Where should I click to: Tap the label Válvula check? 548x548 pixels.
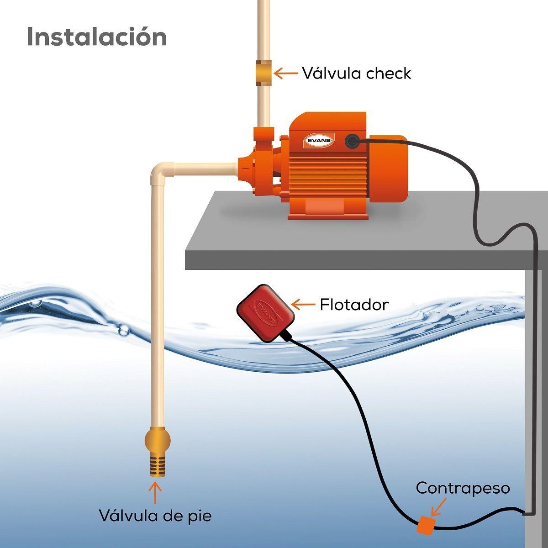356,73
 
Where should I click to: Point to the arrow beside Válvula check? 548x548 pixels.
285,73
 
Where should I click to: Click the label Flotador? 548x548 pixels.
354,304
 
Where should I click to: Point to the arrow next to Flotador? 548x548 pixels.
303,304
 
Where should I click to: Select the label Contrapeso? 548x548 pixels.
463,488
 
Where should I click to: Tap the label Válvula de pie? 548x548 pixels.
155,516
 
